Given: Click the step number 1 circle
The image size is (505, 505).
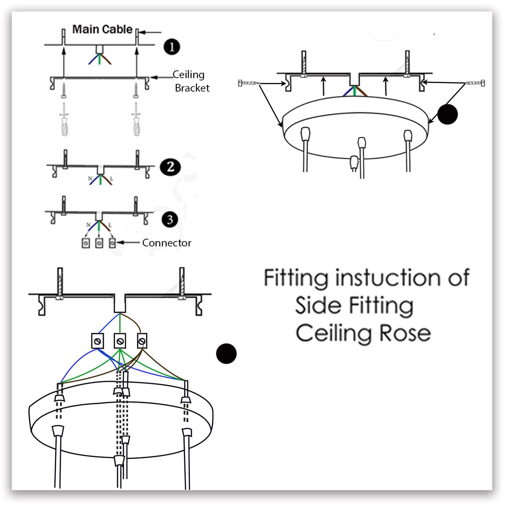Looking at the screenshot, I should pos(172,47).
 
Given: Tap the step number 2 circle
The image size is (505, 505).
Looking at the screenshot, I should pos(170,167).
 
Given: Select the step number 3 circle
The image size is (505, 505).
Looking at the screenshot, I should pos(170,219).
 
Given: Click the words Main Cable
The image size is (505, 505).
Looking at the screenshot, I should pos(102,29).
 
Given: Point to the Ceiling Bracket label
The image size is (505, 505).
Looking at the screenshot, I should pos(191,81).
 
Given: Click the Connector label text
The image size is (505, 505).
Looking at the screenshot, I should pos(167,243).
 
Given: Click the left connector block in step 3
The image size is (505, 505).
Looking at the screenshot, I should pos(86,243).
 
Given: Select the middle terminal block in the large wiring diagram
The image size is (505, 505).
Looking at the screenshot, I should pos(120,341).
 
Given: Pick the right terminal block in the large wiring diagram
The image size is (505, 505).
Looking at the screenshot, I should pos(142,341).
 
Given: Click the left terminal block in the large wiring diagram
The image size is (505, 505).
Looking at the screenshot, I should pos(98,341).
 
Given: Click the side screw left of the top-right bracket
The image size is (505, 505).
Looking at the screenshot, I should pos(248,83).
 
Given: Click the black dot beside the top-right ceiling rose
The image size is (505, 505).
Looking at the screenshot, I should pos(447,114).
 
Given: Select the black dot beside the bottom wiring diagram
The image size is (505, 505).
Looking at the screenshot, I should pos(226,353).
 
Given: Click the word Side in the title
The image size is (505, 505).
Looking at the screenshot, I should pos(318,305).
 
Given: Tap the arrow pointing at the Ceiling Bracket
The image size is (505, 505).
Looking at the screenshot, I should pos(160,77).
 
